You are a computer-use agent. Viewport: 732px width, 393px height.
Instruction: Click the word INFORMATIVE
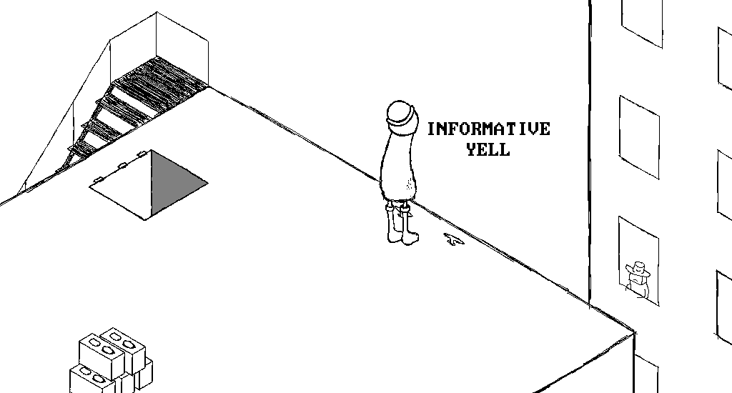489,129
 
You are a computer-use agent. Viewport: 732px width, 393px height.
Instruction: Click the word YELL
488,149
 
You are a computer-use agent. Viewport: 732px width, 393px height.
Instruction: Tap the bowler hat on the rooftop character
400,114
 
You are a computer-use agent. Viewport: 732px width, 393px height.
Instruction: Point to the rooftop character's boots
402,225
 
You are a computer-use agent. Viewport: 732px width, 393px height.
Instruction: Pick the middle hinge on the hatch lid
123,165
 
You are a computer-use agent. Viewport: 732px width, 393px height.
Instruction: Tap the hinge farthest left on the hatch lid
98,179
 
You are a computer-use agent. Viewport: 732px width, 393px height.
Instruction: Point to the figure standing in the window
637,279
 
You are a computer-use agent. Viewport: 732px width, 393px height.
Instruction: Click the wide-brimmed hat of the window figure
638,269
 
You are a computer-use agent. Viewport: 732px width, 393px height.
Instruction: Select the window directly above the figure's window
639,137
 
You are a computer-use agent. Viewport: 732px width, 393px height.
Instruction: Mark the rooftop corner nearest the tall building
635,332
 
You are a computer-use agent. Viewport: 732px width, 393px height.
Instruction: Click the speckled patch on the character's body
409,186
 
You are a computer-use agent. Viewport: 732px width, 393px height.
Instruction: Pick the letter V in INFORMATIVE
533,129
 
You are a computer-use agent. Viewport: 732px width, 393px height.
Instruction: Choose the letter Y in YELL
471,149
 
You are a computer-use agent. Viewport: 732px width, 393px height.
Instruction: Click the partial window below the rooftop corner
646,374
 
